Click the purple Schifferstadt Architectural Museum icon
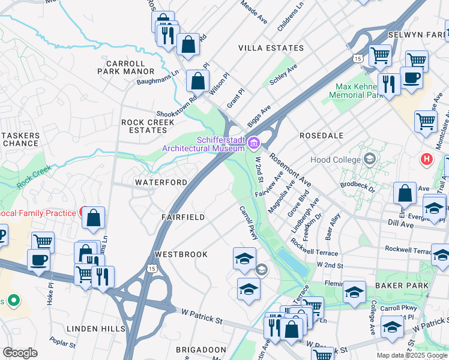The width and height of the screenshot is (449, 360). (253, 143)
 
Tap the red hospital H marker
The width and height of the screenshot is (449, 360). (426, 159)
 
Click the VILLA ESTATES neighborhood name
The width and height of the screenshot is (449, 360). (271, 48)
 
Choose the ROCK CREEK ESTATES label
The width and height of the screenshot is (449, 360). (148, 126)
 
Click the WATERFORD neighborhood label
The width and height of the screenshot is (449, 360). (161, 182)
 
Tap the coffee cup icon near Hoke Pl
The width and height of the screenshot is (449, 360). (40, 261)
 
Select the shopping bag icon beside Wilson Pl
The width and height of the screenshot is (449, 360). (197, 81)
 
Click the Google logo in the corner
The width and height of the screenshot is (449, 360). (20, 352)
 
